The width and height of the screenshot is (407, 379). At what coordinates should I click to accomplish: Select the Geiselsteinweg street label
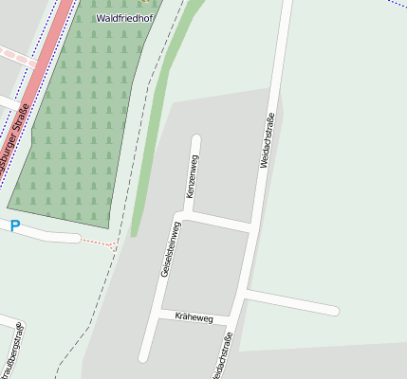(170, 249)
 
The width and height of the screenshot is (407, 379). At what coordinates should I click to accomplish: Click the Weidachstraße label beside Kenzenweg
(268, 140)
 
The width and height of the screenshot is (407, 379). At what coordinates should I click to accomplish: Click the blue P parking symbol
(14, 226)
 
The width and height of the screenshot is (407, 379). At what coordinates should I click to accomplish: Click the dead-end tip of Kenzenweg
(196, 139)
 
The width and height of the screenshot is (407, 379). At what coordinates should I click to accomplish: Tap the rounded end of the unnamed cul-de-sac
(334, 310)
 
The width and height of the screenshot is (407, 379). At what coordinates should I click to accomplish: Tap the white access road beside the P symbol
(47, 233)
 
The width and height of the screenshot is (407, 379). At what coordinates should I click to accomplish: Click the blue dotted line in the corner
(395, 4)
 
